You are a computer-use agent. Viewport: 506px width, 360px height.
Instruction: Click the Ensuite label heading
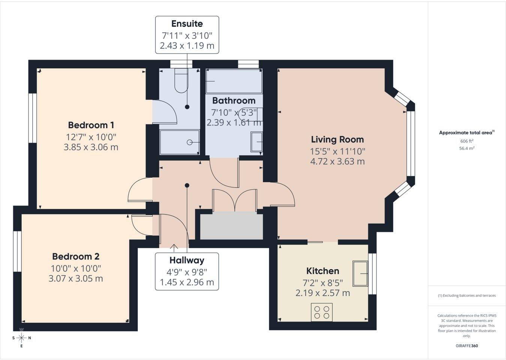[187, 24]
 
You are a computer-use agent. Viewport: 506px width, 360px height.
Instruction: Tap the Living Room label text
[337, 139]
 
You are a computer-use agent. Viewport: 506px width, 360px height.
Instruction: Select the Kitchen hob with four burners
[322, 312]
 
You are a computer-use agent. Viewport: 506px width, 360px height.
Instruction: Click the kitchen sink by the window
[360, 273]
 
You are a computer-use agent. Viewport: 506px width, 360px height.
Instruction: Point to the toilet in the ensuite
[181, 81]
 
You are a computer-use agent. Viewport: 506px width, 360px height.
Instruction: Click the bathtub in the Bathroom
[234, 81]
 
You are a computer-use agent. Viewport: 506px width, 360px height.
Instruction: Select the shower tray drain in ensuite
[190, 142]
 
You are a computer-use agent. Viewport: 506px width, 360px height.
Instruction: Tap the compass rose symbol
[21, 338]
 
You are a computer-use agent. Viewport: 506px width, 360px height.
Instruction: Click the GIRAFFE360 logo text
[467, 346]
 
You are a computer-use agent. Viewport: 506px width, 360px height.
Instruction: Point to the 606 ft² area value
[467, 141]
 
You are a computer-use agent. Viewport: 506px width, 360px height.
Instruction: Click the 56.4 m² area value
[467, 148]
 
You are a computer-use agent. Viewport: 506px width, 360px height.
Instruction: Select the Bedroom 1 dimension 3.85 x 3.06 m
[91, 147]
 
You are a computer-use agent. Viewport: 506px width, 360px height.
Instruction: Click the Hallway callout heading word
[187, 260]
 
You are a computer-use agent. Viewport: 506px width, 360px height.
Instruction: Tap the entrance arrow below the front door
[174, 248]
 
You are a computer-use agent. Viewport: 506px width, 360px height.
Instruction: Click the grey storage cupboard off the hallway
[231, 226]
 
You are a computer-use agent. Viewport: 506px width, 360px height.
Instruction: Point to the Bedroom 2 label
[76, 256]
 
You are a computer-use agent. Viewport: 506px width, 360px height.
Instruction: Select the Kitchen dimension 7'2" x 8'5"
[323, 283]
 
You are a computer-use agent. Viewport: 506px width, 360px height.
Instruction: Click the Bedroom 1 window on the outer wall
[33, 118]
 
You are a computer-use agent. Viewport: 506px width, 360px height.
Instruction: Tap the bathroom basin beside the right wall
[257, 142]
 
